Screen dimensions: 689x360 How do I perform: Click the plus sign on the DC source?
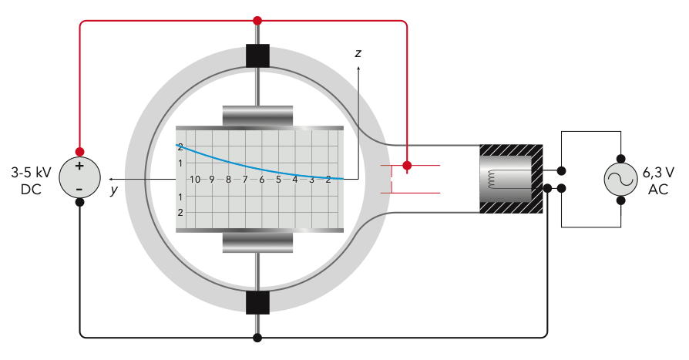click(x=79, y=167)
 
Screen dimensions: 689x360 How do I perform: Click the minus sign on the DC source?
click(x=79, y=189)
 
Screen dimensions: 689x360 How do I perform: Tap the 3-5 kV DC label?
click(x=31, y=180)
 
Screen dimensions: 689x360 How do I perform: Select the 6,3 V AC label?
click(x=658, y=180)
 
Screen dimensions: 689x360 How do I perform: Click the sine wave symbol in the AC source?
click(x=620, y=180)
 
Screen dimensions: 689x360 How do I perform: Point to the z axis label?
click(x=358, y=53)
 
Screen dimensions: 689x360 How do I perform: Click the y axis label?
click(x=114, y=190)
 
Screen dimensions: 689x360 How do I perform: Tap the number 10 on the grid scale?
click(x=195, y=180)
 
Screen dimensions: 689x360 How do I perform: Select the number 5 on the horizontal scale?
click(x=278, y=180)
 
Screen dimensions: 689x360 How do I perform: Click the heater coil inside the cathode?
click(x=491, y=180)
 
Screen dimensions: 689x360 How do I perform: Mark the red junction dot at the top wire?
click(x=257, y=21)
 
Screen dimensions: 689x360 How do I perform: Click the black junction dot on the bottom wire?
click(x=257, y=338)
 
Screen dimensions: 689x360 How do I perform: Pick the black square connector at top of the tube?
click(x=257, y=56)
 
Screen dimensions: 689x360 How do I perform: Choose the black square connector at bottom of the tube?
click(x=257, y=302)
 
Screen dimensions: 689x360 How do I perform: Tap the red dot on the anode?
click(x=408, y=165)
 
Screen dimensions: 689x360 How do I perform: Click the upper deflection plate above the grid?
click(x=257, y=116)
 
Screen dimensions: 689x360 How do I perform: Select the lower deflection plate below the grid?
click(x=257, y=243)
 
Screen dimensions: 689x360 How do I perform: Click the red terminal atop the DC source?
click(x=79, y=152)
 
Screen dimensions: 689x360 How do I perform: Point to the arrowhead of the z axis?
click(x=358, y=68)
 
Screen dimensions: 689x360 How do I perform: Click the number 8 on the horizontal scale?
click(x=228, y=180)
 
